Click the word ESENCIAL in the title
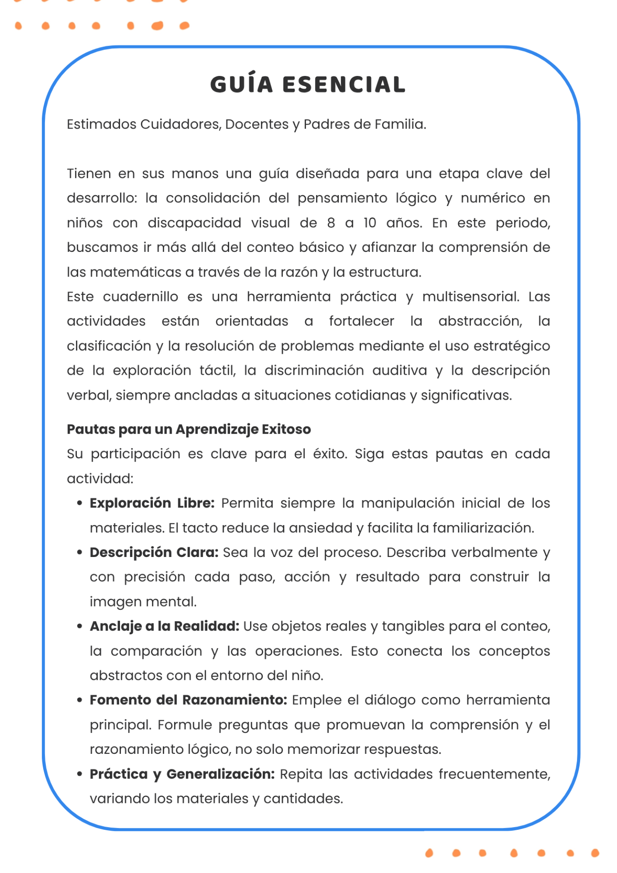coord(344,85)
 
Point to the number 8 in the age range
coord(331,223)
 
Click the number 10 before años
coord(370,223)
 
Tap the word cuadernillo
coord(140,296)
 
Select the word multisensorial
coord(471,296)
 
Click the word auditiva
coord(400,371)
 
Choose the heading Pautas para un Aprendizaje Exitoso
coord(189,429)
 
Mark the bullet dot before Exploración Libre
coord(80,503)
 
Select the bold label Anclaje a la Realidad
coord(164,627)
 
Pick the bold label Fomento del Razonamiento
coord(188,700)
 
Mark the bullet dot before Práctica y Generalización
coord(80,774)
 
